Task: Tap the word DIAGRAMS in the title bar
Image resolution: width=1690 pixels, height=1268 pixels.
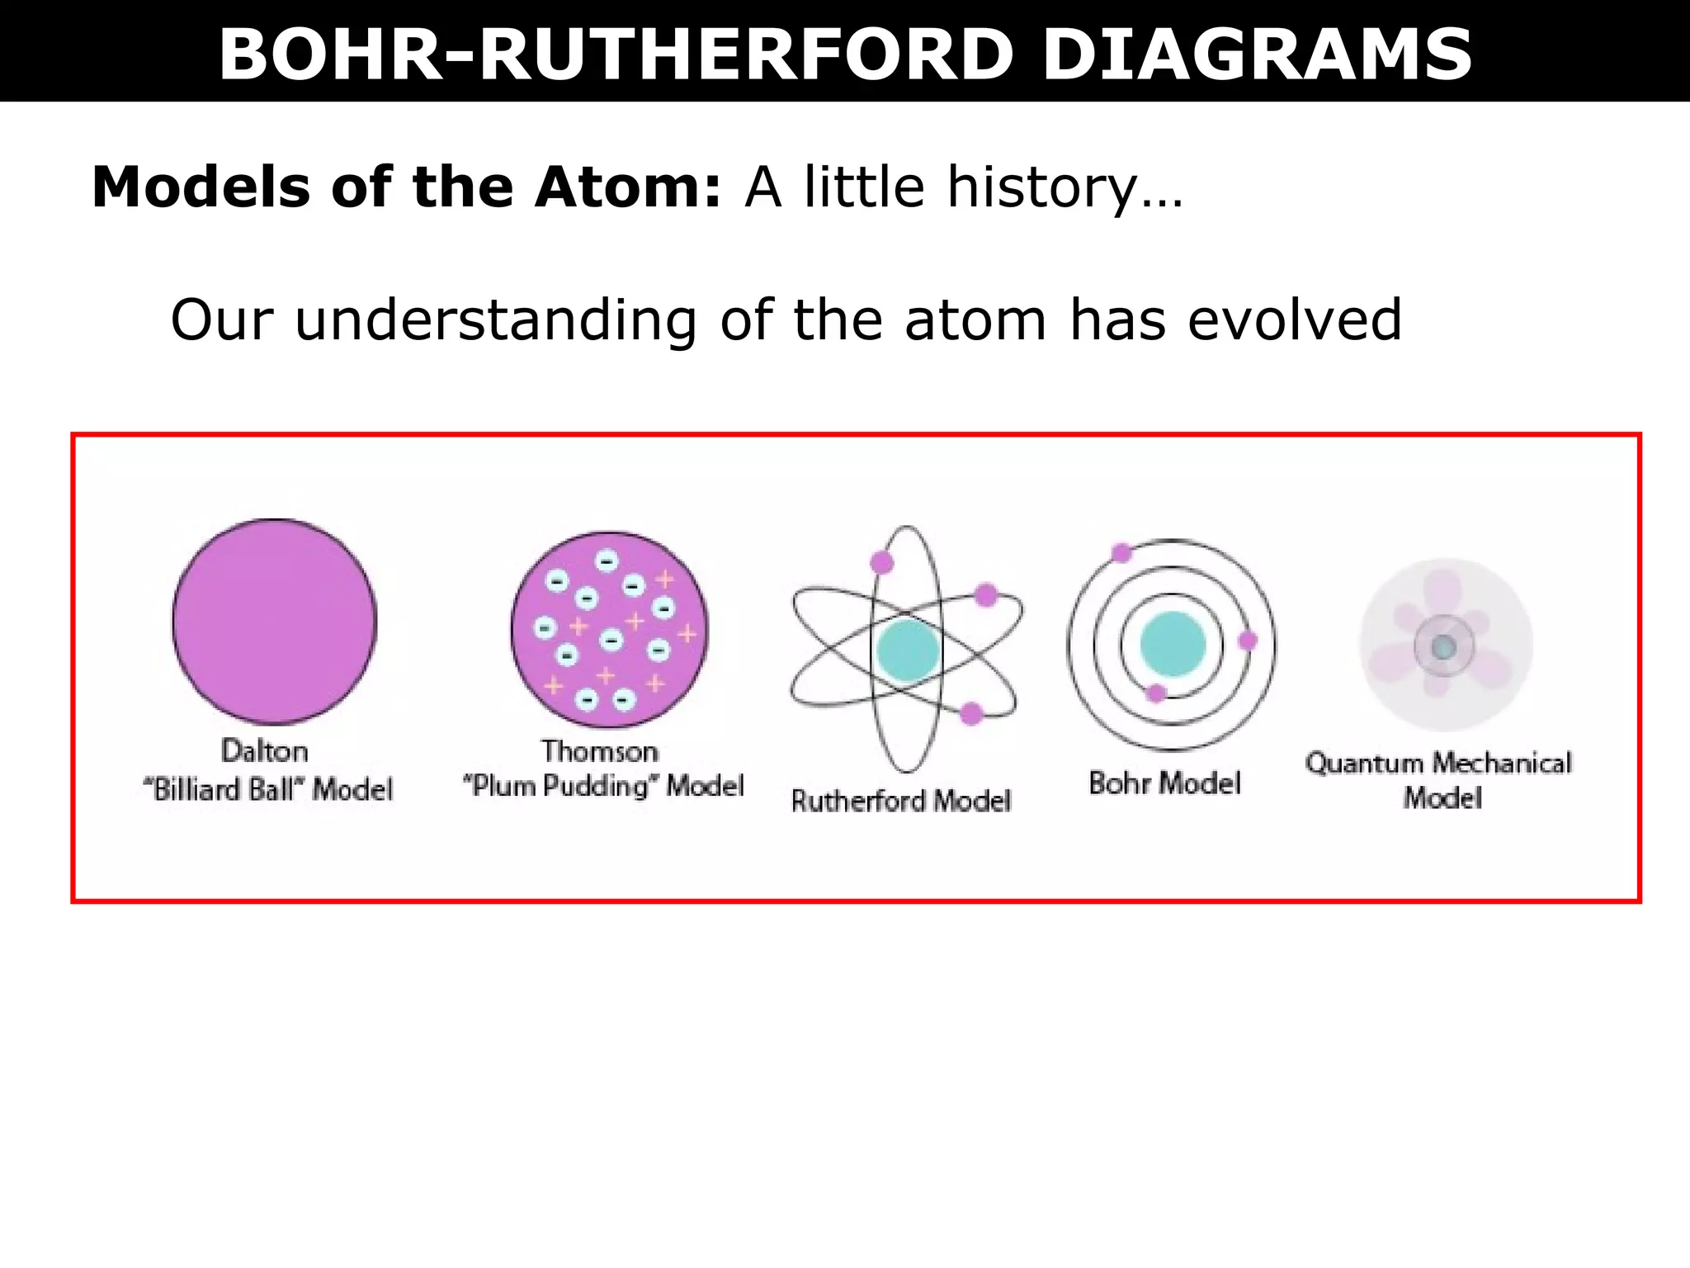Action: click(1257, 54)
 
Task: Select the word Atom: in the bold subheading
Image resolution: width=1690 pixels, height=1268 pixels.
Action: click(628, 187)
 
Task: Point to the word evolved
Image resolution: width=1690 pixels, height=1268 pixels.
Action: click(1294, 320)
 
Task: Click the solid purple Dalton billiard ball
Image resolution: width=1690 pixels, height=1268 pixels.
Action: click(275, 621)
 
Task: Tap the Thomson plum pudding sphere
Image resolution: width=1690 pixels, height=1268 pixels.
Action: click(609, 630)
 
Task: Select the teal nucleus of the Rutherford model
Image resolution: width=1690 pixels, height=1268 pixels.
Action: click(907, 650)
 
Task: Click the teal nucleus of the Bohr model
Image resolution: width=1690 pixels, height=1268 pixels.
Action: click(1173, 645)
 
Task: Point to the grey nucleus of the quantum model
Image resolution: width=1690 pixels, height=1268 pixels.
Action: click(1443, 647)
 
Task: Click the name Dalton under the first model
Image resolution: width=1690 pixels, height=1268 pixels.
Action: click(265, 751)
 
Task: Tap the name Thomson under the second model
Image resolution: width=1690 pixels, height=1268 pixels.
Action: click(600, 751)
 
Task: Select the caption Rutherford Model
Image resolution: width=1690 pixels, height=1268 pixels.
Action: click(900, 800)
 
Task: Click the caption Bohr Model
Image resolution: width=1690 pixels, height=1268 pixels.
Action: click(1164, 783)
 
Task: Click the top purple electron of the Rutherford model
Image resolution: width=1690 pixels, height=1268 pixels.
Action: click(882, 563)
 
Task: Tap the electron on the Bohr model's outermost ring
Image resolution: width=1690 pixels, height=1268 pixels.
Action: click(1121, 553)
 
